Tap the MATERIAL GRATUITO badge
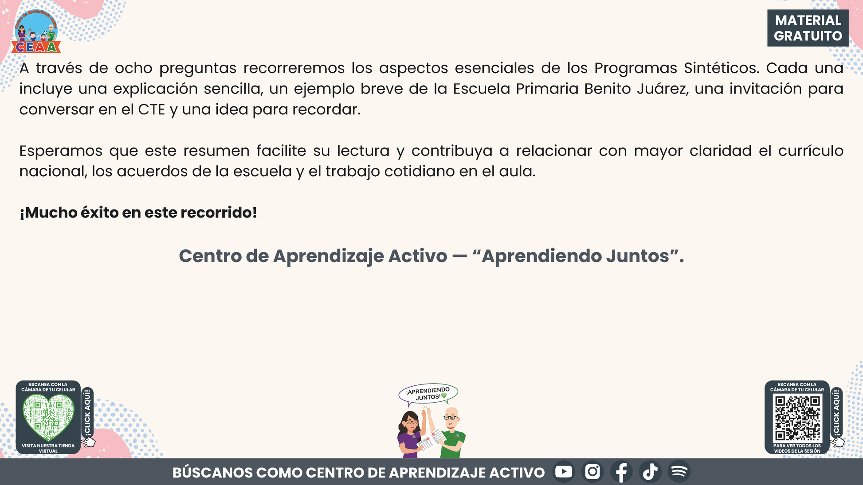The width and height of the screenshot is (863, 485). coord(808,28)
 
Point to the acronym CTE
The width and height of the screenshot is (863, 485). coord(152,109)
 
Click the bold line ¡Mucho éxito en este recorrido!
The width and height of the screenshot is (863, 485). coord(138,213)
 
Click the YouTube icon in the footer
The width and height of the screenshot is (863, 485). coord(564,472)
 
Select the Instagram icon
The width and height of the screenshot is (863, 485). coord(592,472)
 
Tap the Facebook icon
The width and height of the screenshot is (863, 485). coord(621,472)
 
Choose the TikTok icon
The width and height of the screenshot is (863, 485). coord(650,472)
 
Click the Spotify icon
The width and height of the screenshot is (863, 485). coord(679,472)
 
